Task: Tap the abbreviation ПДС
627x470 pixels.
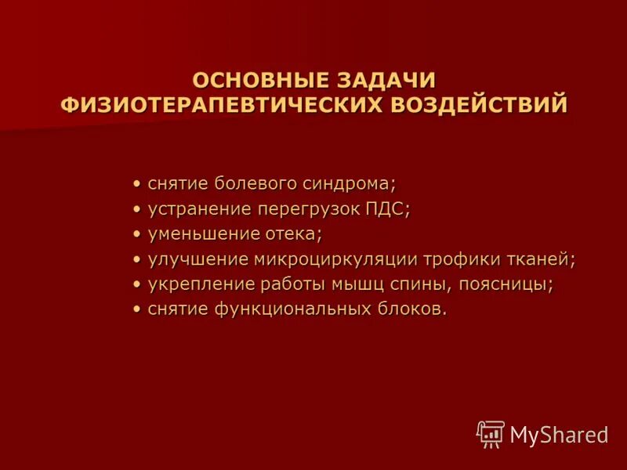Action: pos(388,209)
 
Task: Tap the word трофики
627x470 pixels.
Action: pos(462,259)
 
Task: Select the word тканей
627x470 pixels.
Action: pos(540,259)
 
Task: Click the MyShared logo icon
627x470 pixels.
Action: pos(491,433)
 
